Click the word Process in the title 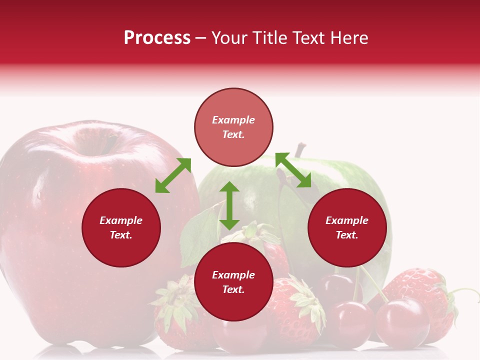(157, 38)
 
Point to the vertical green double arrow (229, 205)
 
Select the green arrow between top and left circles (173, 175)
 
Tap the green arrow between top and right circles (293, 170)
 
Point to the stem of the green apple (299, 149)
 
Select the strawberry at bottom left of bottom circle (175, 310)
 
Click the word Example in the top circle (233, 120)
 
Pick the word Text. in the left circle (121, 235)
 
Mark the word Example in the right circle (347, 220)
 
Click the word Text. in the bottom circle (233, 289)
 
